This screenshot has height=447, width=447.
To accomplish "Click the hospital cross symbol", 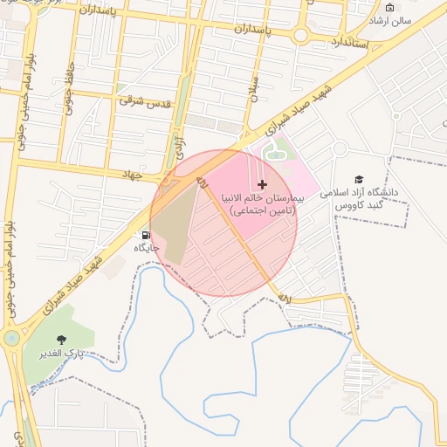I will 262,184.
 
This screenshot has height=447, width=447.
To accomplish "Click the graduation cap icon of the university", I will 359,178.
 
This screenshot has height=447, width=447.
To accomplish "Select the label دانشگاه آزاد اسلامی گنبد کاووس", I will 359,197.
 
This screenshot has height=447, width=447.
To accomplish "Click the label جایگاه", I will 147,248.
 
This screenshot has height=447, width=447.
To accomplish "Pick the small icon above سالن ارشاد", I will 390,7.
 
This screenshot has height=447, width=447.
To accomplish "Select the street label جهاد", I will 131,175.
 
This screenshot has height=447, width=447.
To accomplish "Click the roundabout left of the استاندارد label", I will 301,36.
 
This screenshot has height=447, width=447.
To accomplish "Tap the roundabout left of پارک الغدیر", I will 10,338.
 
